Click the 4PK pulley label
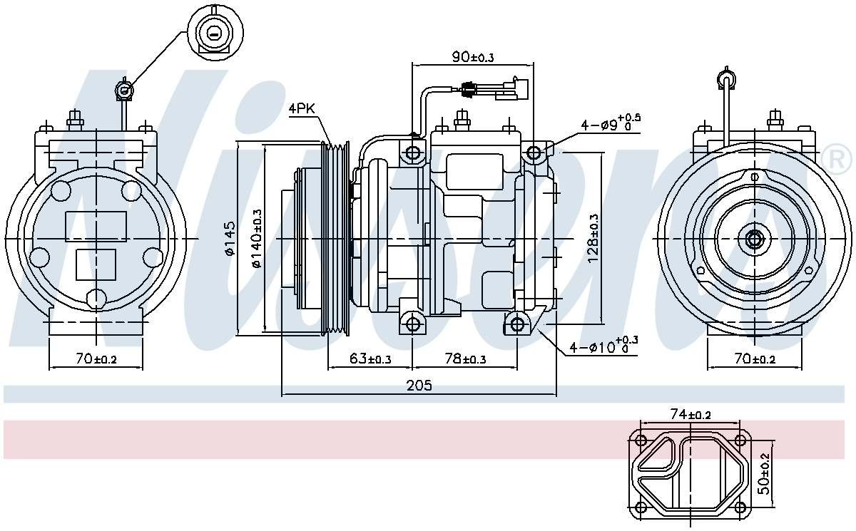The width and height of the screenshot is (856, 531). (301, 109)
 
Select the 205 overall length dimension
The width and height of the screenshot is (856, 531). (419, 386)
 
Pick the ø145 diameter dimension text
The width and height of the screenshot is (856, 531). (229, 238)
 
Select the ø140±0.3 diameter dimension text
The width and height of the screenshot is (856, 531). (256, 238)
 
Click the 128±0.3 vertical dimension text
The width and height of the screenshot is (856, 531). (593, 238)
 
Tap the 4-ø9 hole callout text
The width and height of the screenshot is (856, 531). (610, 124)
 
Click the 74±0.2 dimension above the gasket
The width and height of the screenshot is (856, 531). (690, 414)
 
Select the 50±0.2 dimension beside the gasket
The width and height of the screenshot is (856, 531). (764, 473)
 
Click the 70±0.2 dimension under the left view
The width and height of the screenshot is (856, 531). (96, 359)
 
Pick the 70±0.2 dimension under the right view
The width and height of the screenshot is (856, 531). (754, 359)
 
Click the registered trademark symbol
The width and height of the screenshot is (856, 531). (837, 159)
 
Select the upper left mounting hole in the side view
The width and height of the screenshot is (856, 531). (413, 153)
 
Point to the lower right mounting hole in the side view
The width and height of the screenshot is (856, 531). (517, 325)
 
